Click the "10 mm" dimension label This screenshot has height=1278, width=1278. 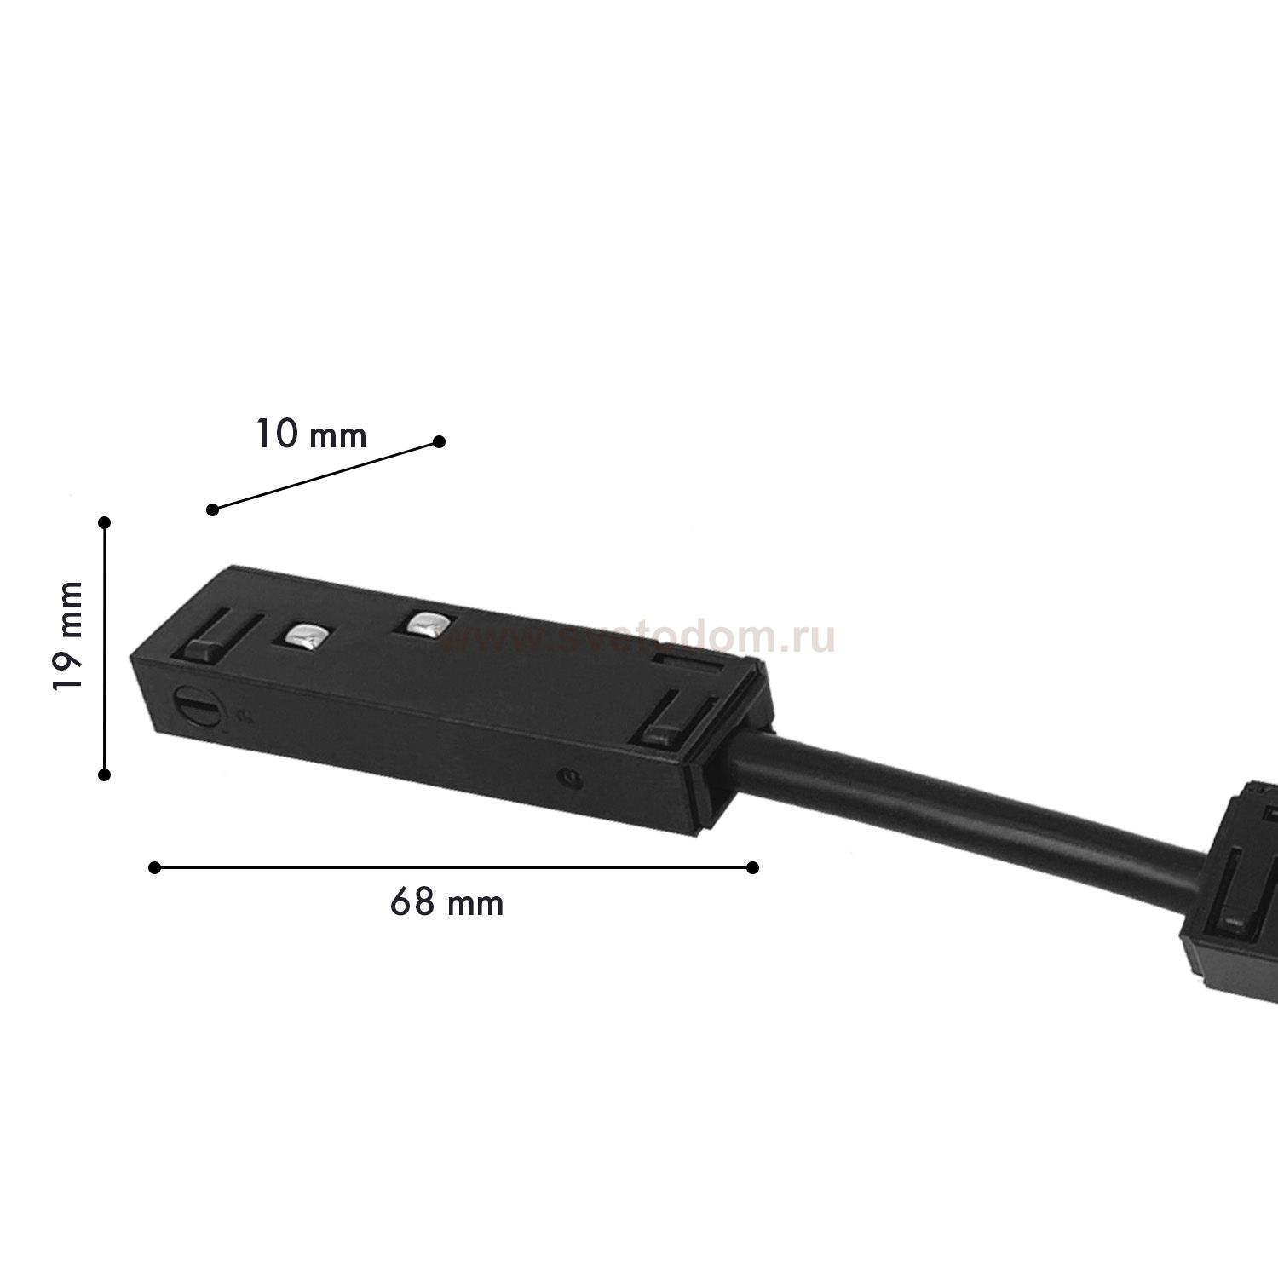point(311,435)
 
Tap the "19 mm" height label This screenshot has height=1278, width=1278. point(68,636)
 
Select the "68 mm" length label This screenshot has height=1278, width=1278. point(447,902)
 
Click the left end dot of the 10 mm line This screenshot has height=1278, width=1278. point(213,509)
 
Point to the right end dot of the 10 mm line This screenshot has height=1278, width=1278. point(439,441)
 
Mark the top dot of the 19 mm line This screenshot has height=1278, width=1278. point(105,521)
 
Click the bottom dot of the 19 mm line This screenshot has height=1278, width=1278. point(105,774)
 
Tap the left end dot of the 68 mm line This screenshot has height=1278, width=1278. point(154,867)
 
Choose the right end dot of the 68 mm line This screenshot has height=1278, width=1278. point(752,867)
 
